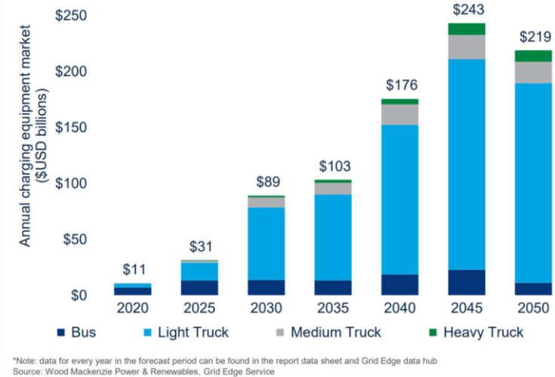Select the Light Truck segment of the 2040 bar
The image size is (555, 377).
(x=399, y=199)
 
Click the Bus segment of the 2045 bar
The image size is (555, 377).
(x=466, y=282)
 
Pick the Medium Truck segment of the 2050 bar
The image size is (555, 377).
(x=532, y=72)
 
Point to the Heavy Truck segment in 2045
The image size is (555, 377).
(x=466, y=29)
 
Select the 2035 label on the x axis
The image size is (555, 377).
(x=332, y=308)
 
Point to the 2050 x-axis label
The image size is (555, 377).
(x=532, y=308)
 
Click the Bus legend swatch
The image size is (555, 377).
(x=61, y=332)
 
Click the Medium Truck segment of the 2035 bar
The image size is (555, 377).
(x=332, y=188)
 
